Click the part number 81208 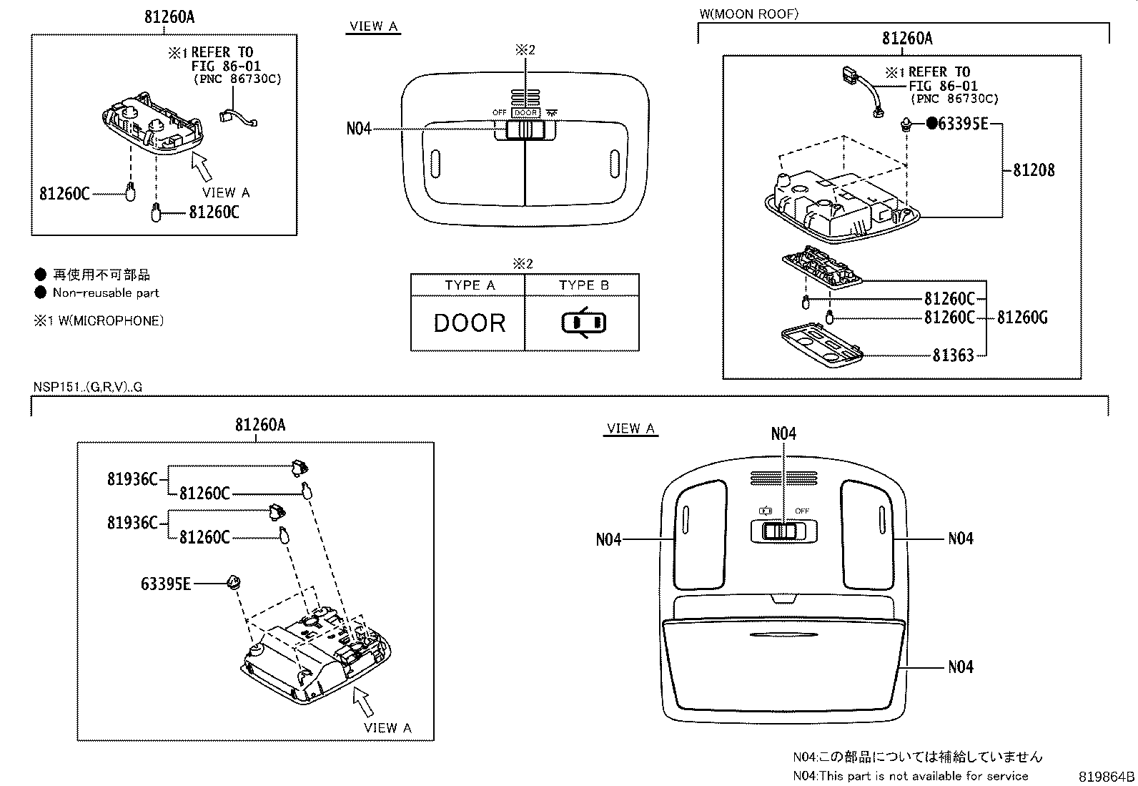pos(1034,170)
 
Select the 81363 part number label pos(953,355)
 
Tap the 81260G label pos(1022,318)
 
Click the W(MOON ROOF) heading pos(748,14)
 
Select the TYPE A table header pos(470,285)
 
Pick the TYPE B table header pos(583,285)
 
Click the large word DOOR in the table pos(470,323)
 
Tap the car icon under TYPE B pos(583,323)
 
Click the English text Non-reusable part pos(106,293)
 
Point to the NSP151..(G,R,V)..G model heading pos(88,387)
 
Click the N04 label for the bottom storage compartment pos(961,667)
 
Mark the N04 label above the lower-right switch pos(783,433)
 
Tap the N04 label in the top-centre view pos(359,129)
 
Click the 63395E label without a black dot pos(166,584)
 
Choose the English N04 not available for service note pos(910,776)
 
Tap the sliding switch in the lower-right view pos(783,531)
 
